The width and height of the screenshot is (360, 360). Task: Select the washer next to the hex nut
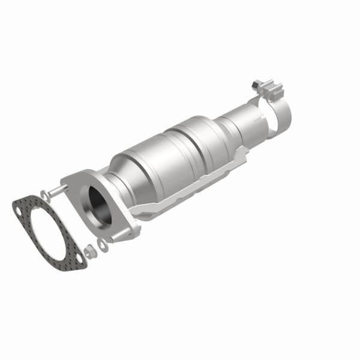pyautogui.click(x=102, y=243)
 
